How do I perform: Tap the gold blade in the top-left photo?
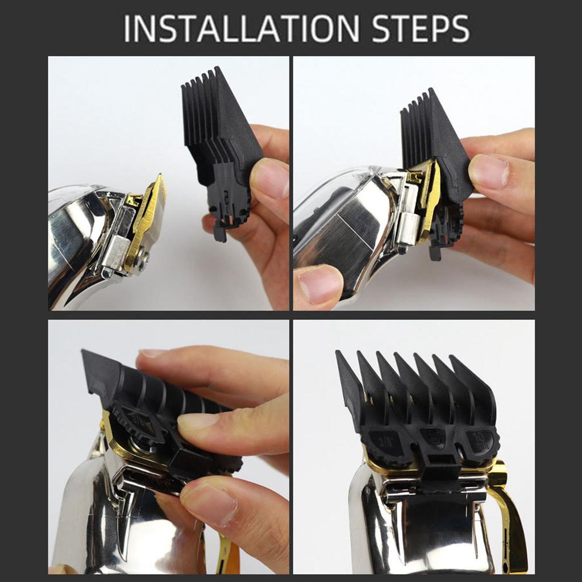click(x=149, y=222)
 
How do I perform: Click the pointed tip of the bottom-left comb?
click(x=91, y=369)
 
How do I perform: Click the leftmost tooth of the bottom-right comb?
click(x=347, y=386)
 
